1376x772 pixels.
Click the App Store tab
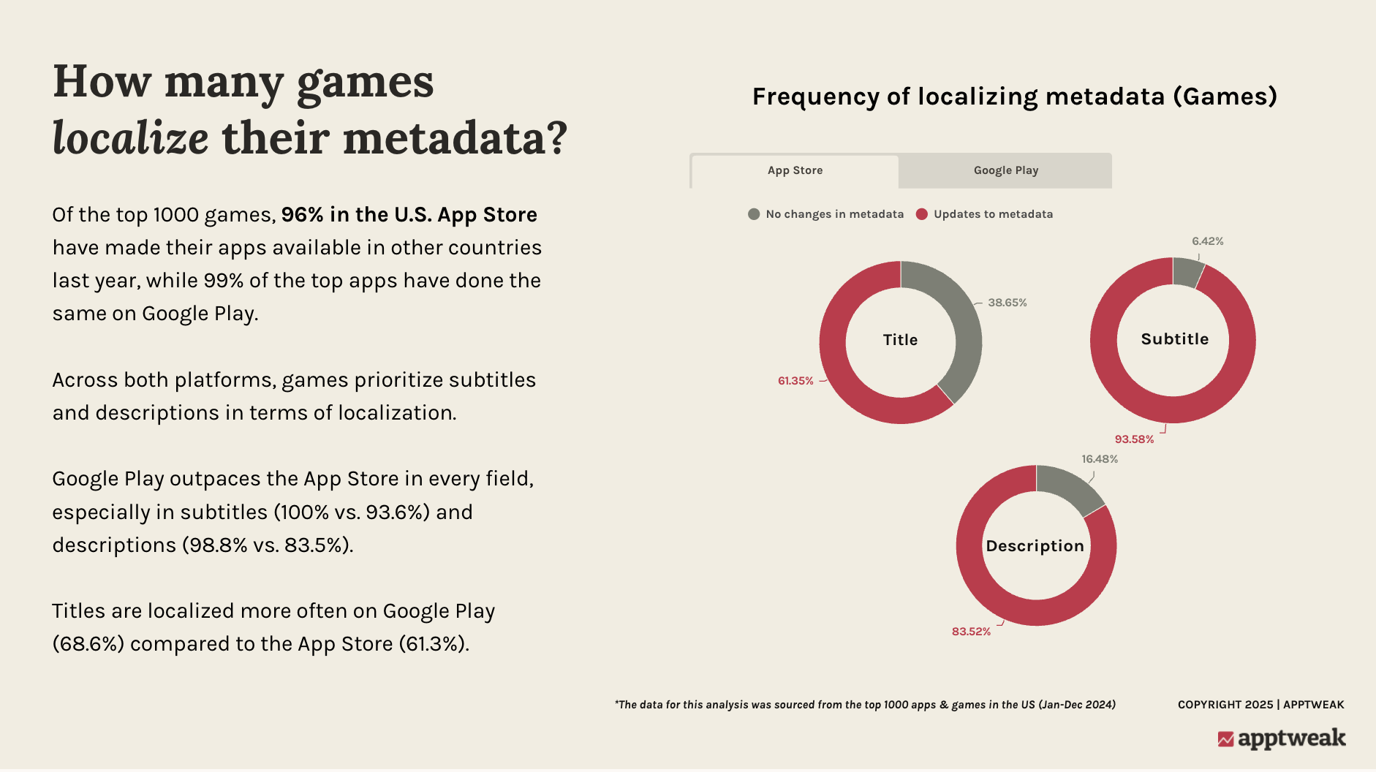pos(795,171)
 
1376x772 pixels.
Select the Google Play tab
pos(1005,171)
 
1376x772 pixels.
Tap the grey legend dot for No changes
pos(754,214)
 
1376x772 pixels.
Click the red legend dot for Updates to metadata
pos(922,214)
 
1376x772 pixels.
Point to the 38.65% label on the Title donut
pos(1008,303)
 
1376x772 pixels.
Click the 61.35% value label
pos(795,381)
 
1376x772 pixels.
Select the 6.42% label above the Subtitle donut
pos(1208,241)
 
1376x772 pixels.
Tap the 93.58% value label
pos(1134,439)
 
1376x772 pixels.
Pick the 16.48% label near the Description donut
pos(1100,459)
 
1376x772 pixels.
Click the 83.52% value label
pos(971,632)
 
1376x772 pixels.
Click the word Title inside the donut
pos(900,340)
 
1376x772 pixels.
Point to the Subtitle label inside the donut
pos(1175,339)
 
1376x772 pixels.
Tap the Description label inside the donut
pos(1035,546)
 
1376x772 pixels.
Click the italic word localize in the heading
pos(131,137)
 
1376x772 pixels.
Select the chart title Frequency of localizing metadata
pos(1014,96)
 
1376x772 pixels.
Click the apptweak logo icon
pos(1225,739)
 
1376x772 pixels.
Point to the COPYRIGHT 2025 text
pos(1225,705)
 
